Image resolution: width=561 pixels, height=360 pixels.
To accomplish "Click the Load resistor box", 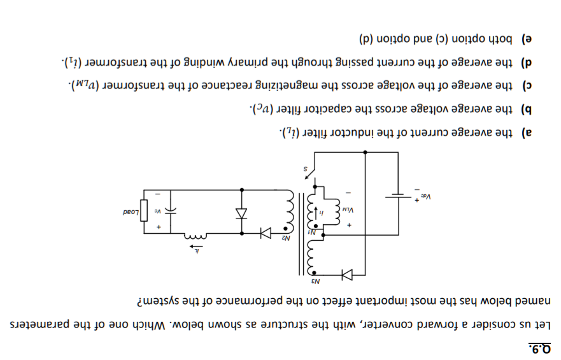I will point(144,209).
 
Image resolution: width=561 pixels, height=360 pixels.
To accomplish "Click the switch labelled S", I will point(310,171).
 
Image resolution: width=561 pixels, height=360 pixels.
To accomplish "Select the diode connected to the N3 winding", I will point(347,275).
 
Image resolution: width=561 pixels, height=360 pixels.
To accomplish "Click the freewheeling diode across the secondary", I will point(241,213).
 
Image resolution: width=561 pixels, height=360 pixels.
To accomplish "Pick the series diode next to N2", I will point(265,234).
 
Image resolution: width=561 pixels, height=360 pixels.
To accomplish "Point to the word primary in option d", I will point(248,62).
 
